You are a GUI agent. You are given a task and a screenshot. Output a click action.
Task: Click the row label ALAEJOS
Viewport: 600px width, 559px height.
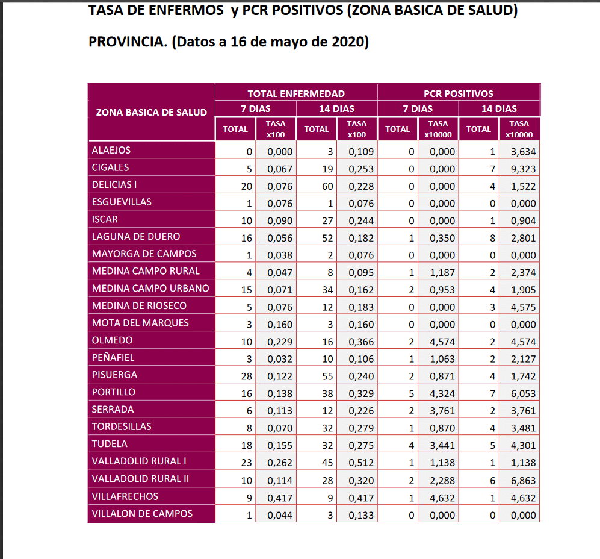(x=111, y=150)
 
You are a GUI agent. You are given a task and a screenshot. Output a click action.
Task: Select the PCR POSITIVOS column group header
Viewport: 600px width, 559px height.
(x=459, y=93)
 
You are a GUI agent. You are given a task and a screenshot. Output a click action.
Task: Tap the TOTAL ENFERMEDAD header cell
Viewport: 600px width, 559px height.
(x=296, y=93)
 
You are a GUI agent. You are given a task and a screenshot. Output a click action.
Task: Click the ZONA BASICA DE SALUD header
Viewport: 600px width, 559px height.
(x=151, y=112)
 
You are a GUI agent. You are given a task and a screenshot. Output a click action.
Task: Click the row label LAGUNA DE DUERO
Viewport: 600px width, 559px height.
(x=136, y=237)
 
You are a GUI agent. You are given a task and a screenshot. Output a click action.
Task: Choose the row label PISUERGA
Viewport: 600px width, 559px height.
(x=114, y=375)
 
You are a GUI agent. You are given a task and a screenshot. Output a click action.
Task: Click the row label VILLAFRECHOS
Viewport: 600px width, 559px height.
(x=125, y=496)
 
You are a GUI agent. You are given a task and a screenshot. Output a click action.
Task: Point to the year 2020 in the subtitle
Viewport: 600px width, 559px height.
(x=344, y=42)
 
